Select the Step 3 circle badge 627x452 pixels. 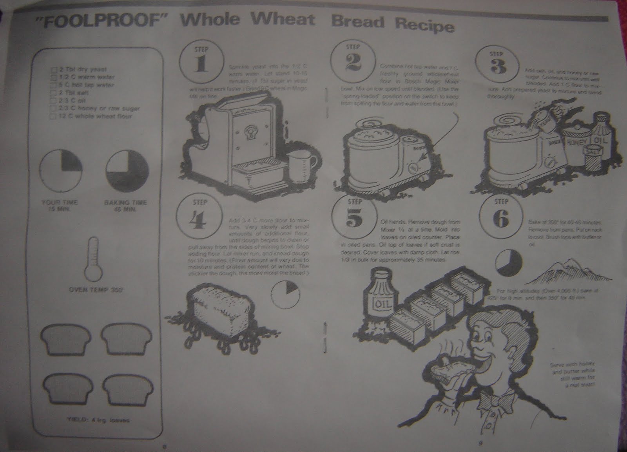tap(498, 65)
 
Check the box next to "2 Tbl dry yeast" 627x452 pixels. tap(54, 70)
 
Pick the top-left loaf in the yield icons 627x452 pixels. tap(60, 336)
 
